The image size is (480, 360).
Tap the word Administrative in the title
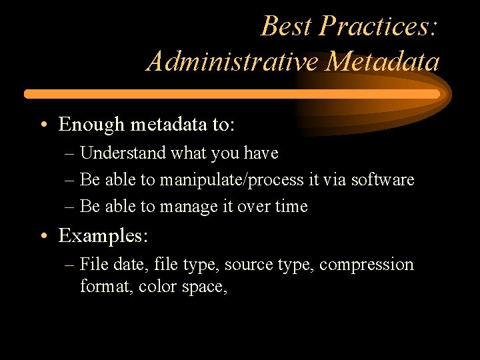click(x=233, y=62)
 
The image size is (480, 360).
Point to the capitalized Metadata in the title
click(x=383, y=62)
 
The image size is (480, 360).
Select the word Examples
click(x=103, y=236)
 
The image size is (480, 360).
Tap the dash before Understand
click(x=70, y=154)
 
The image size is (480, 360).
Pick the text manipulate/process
click(x=222, y=180)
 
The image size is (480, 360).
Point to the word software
click(x=383, y=180)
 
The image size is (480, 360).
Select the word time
click(x=291, y=207)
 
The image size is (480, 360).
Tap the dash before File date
click(x=70, y=265)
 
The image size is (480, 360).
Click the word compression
click(x=366, y=265)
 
